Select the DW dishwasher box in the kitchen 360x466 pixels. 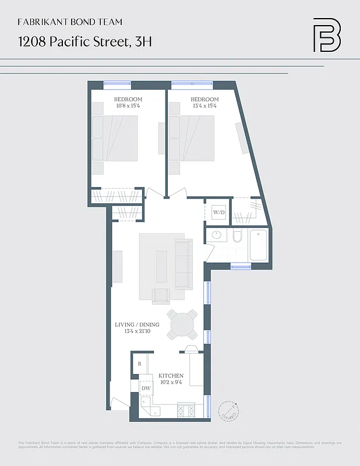point(146,388)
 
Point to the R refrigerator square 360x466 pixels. point(140,364)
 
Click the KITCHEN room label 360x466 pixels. point(171,376)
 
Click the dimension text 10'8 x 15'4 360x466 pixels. point(127,106)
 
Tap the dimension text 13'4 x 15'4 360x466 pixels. point(204,106)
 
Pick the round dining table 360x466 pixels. point(182,324)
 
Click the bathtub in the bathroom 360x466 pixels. point(258,245)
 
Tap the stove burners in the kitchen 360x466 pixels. point(186,411)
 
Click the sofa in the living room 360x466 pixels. point(183,263)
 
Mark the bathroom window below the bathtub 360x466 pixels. point(240,266)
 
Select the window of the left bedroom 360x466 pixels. point(118,83)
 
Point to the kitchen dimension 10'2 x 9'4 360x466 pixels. point(171,383)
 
